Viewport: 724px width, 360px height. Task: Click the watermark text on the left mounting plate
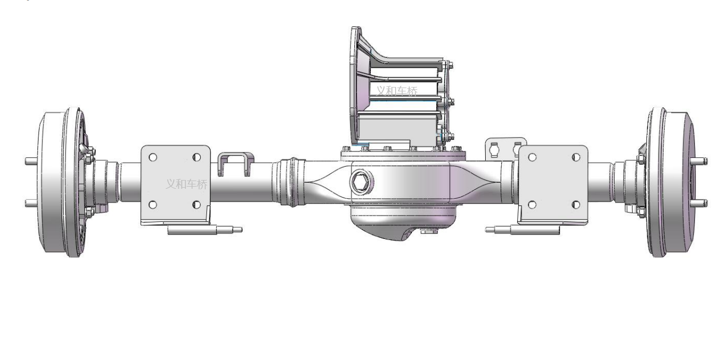click(x=187, y=184)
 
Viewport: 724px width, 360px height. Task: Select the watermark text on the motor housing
click(x=396, y=91)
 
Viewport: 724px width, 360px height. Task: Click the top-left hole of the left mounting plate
click(x=153, y=157)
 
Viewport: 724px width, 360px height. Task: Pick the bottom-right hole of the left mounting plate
click(x=196, y=205)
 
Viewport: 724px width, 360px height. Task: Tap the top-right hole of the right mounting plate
click(x=576, y=157)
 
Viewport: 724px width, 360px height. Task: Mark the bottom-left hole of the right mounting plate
click(x=532, y=205)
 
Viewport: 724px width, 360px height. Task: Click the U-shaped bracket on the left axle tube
click(x=236, y=163)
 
